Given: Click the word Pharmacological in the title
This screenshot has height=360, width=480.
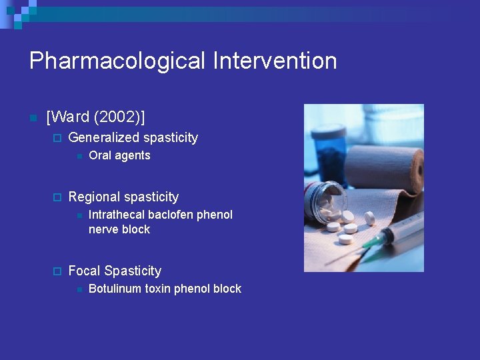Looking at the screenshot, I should click(x=117, y=61).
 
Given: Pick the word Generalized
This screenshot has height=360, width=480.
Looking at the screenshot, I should click(x=105, y=138).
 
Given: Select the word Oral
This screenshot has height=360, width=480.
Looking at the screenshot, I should click(x=99, y=156).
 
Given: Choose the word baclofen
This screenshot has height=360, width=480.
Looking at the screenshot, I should click(x=171, y=215).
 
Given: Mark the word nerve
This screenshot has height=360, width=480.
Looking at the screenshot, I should click(x=103, y=230).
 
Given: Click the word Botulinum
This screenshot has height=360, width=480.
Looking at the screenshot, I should click(x=117, y=289).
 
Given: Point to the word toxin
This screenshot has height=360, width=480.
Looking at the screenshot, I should click(x=163, y=289).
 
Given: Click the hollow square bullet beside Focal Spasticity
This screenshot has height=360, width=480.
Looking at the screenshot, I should click(x=57, y=271).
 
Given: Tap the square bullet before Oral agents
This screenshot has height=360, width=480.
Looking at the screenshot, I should click(x=78, y=156).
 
